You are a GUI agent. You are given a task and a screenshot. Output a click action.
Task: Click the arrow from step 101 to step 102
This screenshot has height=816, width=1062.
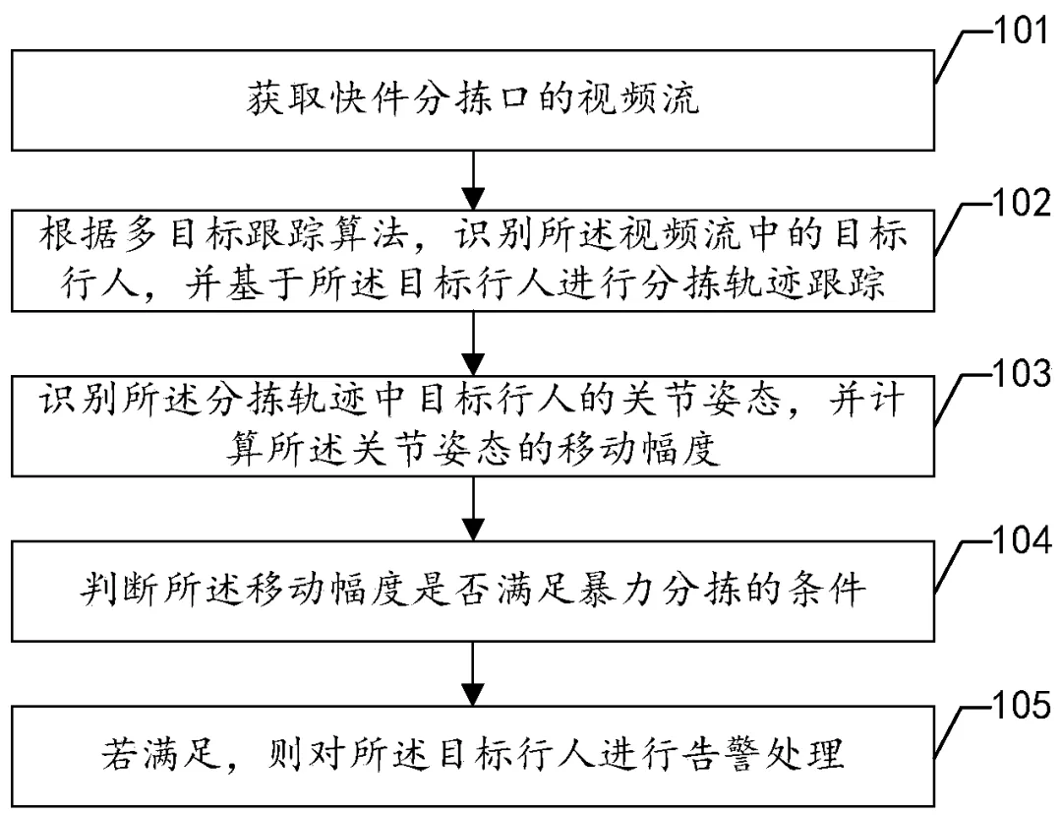pyautogui.click(x=475, y=174)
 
